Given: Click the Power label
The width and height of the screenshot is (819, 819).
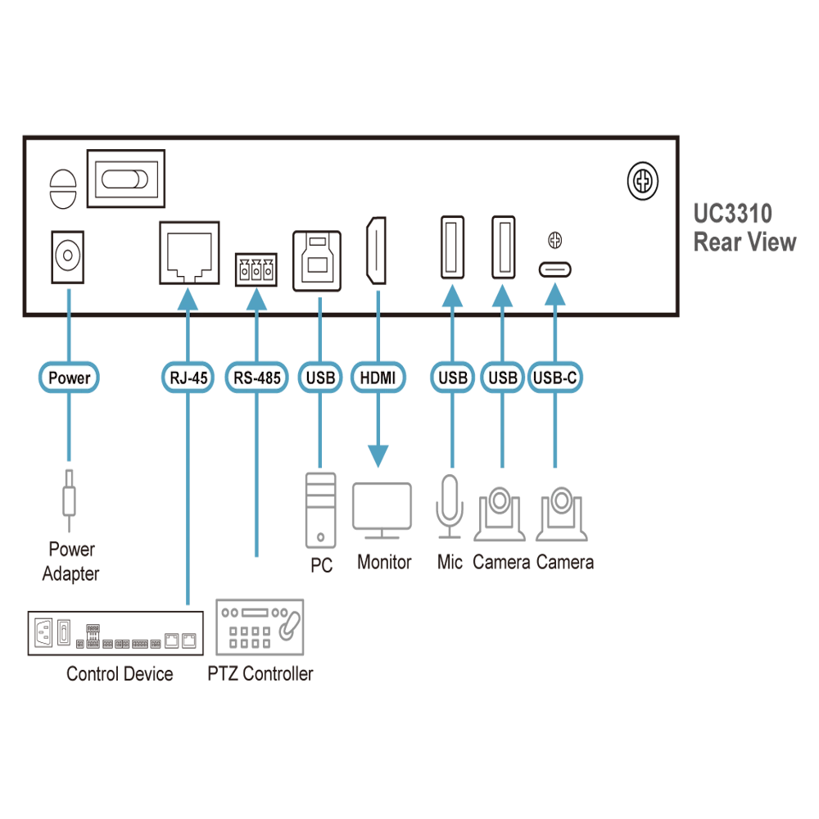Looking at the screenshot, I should pos(69,378).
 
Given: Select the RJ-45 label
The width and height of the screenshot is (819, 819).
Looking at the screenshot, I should pos(188,378).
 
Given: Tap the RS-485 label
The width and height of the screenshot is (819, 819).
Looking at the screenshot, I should pos(256,378).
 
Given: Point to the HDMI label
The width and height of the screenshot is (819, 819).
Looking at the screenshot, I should pos(378,378).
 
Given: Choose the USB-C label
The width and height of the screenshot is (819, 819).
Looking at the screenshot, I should pos(555,378).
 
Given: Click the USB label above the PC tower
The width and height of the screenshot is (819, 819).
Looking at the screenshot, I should pos(319,378).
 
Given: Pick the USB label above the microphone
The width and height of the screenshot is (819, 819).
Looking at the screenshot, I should pos(452,378).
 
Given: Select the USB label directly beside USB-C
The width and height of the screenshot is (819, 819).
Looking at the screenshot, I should pos(501,378).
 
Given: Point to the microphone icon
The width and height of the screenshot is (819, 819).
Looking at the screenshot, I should pos(449,508).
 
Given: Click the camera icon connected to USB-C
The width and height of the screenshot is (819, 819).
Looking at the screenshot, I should pos(562,514).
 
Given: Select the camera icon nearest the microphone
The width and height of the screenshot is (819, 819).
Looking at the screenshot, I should pos(501,514).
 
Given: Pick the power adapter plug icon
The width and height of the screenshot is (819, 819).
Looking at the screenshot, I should pos(69,491).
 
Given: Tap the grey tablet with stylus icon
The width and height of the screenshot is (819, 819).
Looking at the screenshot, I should pos(258,629).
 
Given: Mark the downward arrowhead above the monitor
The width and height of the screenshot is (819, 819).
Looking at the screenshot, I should pos(378,454).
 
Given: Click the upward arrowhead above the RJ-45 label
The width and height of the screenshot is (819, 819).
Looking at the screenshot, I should pos(188,300).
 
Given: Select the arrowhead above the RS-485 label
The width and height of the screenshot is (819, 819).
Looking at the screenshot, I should pos(256,300).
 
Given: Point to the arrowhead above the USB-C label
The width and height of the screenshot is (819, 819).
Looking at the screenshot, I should pos(555,295).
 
